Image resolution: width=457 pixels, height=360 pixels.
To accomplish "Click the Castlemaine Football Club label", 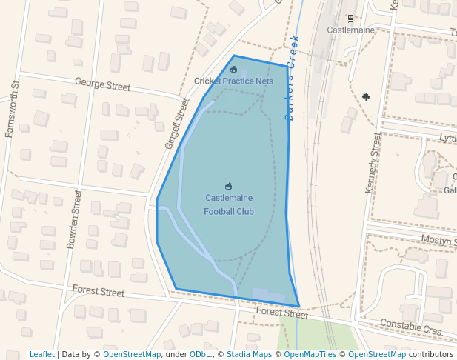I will click(x=229, y=205).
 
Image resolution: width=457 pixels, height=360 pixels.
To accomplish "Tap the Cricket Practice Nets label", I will click(x=233, y=81).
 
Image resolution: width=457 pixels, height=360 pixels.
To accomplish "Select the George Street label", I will click(x=102, y=86).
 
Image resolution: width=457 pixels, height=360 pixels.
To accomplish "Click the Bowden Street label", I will click(x=73, y=219).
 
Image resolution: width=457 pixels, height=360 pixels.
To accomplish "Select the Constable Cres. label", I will click(x=411, y=326).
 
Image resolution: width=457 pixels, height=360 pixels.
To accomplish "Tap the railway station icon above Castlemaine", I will click(x=351, y=18).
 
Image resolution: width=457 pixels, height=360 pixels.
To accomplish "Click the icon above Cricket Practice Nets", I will click(x=233, y=70).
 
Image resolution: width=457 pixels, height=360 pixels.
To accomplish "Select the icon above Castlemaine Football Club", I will click(x=228, y=186).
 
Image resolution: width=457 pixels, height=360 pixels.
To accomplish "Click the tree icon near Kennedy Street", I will click(x=366, y=97).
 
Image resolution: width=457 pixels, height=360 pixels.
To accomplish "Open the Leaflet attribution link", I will click(x=42, y=354).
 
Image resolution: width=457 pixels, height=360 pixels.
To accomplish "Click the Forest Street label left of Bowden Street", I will click(x=99, y=291).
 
